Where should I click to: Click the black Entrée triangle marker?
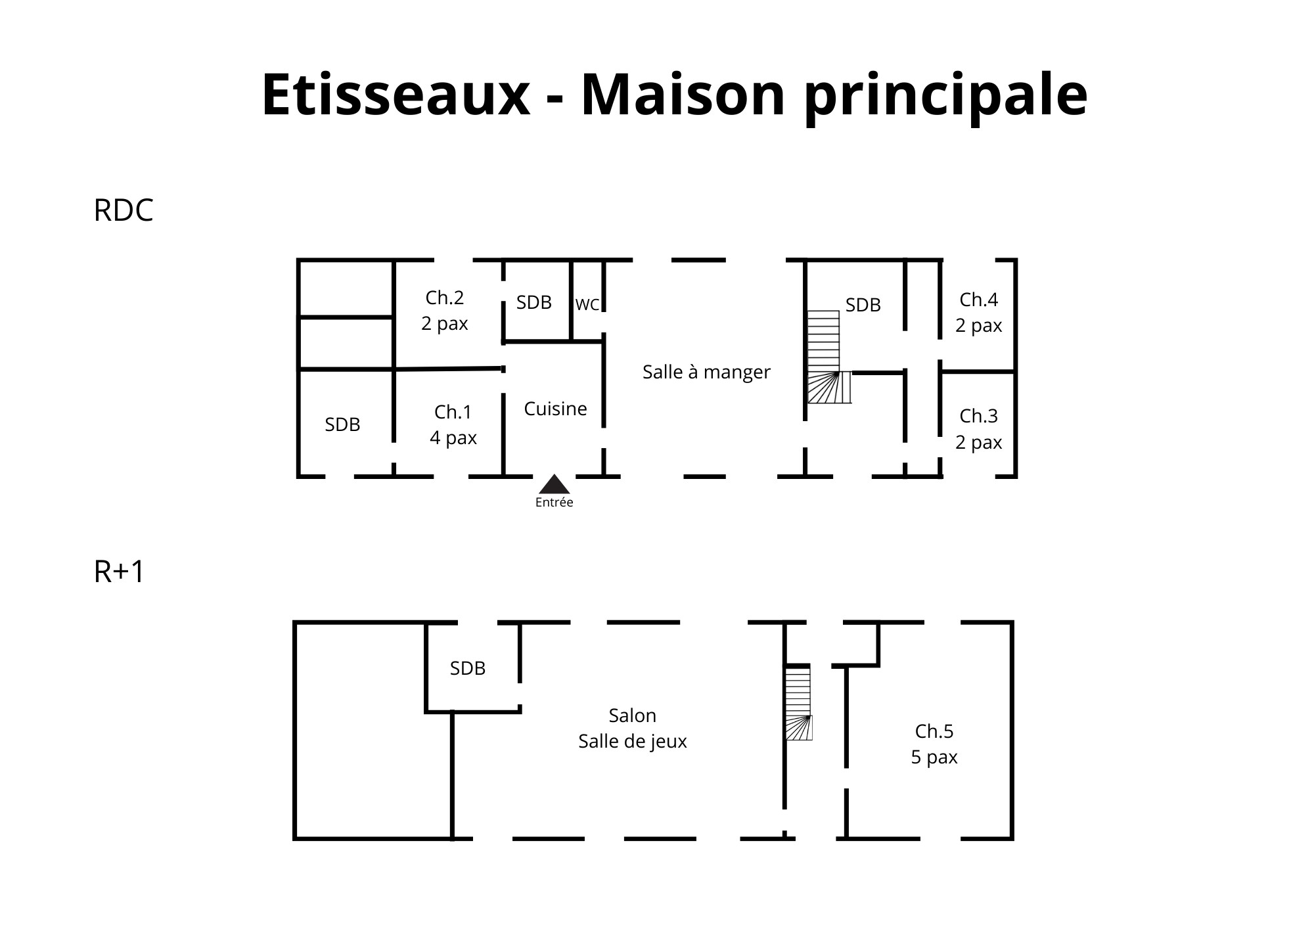[555, 484]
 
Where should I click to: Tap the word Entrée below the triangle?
[555, 503]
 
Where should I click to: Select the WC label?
[587, 305]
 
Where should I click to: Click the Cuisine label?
[556, 409]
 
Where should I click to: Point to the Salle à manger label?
[706, 373]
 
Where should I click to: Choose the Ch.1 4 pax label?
[453, 425]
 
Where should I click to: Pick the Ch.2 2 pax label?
[445, 311]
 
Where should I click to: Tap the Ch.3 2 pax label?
[979, 429]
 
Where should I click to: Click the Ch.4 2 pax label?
[979, 313]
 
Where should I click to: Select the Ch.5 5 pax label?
[934, 744]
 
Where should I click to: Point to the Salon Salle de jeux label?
[633, 729]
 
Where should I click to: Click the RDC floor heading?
[124, 211]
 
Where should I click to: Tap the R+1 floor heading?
[119, 572]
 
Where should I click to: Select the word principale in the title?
[946, 97]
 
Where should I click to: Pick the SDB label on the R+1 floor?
[468, 669]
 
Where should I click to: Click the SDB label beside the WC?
[534, 303]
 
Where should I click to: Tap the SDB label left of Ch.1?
[343, 425]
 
